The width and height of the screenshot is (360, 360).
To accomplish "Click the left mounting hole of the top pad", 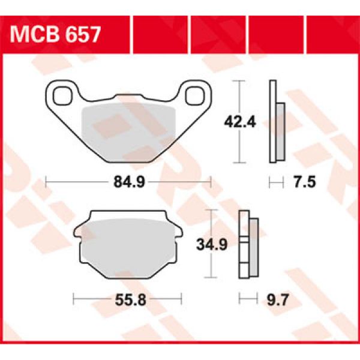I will coord(62,94).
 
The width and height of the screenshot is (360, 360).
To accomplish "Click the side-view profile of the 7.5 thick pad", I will coord(275,123).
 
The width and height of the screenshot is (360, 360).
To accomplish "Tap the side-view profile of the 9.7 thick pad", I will coord(248,244).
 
